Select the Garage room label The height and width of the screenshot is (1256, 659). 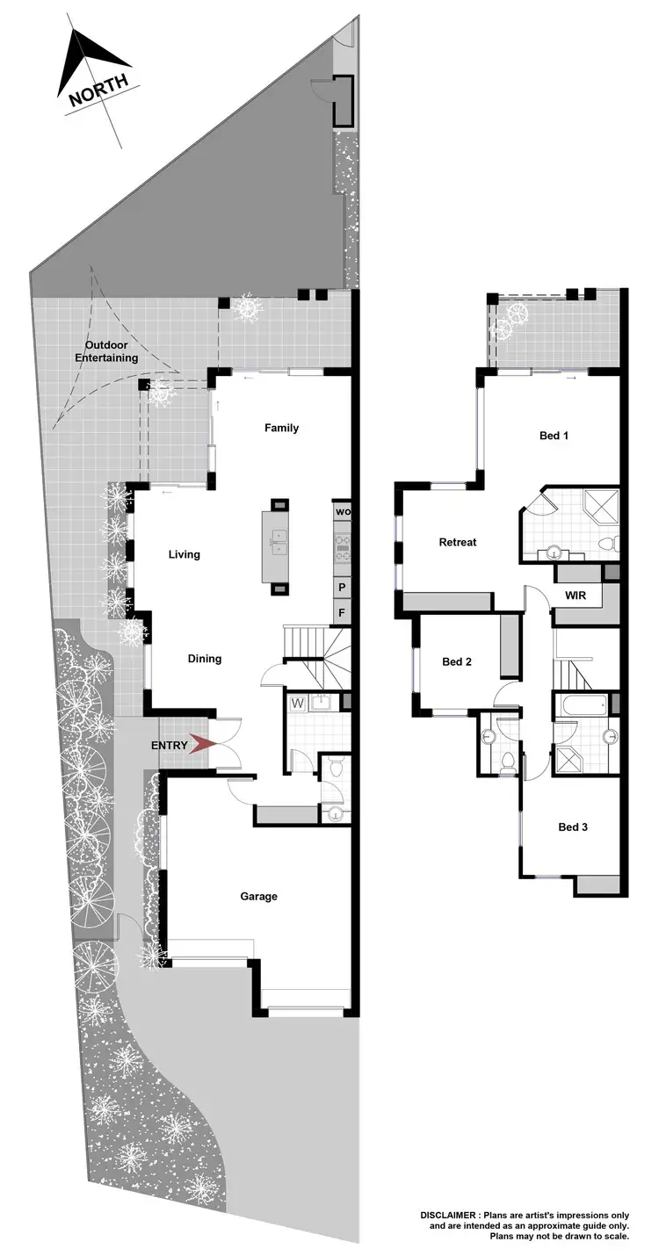coord(259,896)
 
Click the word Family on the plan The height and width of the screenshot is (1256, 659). coord(282,428)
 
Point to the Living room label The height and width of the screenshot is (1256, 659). coord(185,554)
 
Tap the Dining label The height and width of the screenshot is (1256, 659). coord(204,659)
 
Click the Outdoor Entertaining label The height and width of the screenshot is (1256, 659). coord(112,351)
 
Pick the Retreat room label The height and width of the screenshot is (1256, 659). coord(457,542)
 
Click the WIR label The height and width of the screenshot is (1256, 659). coord(575,596)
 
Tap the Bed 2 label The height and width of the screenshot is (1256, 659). coord(457,661)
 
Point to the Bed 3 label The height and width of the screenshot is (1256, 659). coord(573,827)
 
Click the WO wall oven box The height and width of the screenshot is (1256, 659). coord(342,512)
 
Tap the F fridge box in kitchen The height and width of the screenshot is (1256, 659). coord(341,612)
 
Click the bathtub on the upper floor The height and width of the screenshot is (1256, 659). coord(579,704)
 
